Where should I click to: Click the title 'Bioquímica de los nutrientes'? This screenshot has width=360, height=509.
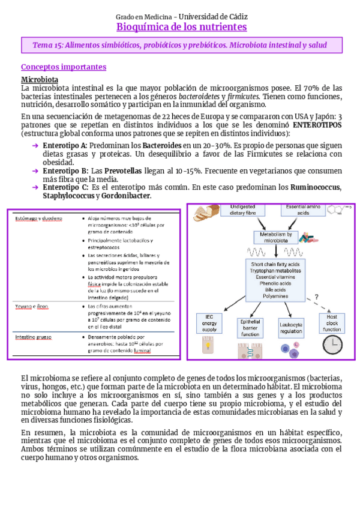[181, 27]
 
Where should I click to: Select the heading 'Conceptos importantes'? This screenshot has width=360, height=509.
[64, 67]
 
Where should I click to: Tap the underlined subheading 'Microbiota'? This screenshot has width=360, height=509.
[40, 79]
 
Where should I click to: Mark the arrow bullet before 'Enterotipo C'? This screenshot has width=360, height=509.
[35, 187]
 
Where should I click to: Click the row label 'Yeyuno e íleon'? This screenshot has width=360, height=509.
[32, 306]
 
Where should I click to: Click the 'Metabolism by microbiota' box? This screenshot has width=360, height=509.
[272, 237]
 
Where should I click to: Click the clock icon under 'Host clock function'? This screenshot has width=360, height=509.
[332, 345]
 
